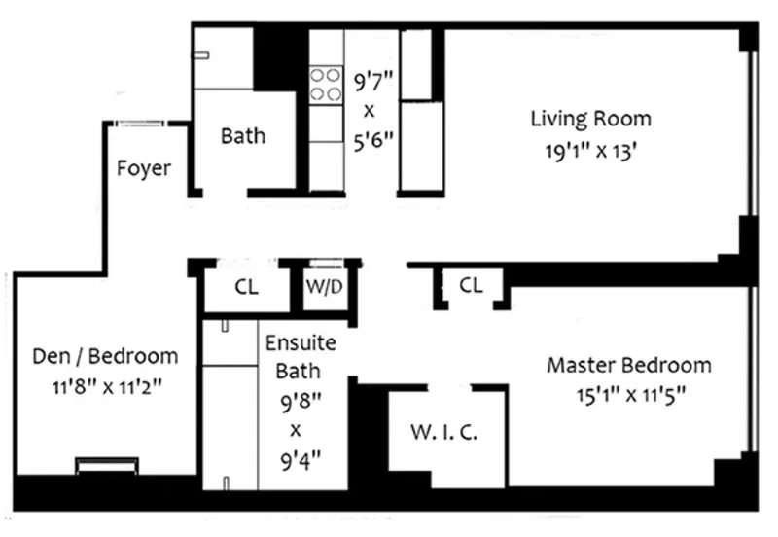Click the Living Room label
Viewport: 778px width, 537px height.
point(590,120)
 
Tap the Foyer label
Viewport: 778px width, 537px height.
point(144,168)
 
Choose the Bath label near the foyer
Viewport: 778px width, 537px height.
point(242,135)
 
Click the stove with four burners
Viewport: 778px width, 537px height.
point(326,84)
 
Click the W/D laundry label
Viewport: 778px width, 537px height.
point(325,287)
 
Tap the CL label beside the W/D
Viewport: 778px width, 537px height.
point(246,287)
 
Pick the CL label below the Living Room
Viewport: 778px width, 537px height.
point(471,286)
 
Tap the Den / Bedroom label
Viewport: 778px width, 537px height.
point(105,355)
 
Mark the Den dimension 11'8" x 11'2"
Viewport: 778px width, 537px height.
point(105,385)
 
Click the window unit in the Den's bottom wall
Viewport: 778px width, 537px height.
point(106,467)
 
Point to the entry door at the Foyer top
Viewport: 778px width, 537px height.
point(140,124)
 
